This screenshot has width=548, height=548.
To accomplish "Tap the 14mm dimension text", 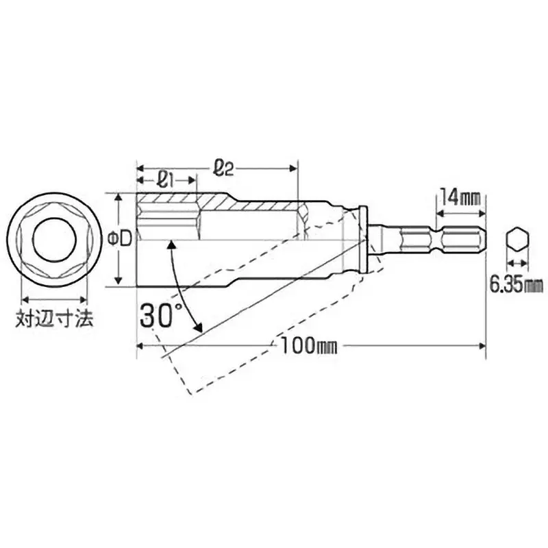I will click(459, 197).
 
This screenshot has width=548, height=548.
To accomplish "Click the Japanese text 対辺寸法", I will click(54, 320).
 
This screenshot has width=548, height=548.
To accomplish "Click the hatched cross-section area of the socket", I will click(206, 203).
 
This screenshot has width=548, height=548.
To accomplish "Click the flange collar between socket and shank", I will click(370, 240).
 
